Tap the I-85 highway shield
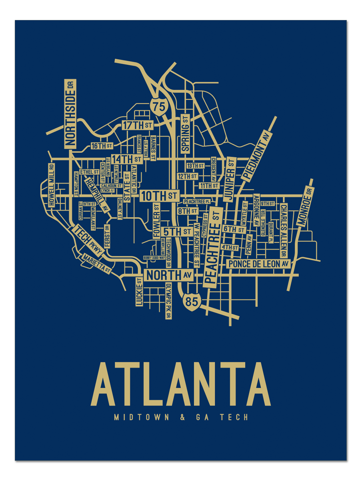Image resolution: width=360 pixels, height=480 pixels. (x=192, y=301)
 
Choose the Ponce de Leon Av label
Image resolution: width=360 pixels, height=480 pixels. (x=258, y=264)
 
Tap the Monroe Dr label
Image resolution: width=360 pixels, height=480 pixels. (x=306, y=208)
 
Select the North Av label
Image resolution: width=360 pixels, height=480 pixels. (x=169, y=275)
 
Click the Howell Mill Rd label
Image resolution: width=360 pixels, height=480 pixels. (x=51, y=185)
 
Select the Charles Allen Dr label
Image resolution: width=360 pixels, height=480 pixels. (x=283, y=230)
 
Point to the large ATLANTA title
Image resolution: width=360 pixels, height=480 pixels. (x=181, y=384)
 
